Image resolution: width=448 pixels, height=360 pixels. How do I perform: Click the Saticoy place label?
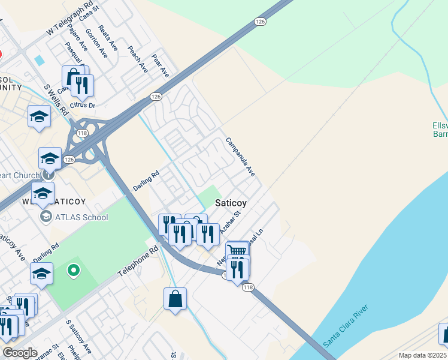pyautogui.click(x=231, y=203)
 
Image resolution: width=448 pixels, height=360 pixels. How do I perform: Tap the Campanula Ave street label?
pyautogui.click(x=240, y=157)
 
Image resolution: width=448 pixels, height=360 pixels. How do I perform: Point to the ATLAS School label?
pyautogui.click(x=81, y=217)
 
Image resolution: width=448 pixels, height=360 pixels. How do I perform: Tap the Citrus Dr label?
pyautogui.click(x=83, y=105)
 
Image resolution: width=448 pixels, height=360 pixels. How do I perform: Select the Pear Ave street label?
pyautogui.click(x=161, y=67)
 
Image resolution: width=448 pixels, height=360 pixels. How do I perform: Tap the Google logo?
pyautogui.click(x=20, y=353)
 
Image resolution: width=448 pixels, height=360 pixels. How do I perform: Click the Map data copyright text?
pyautogui.click(x=422, y=355)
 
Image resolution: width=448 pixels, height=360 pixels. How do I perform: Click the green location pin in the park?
pyautogui.click(x=74, y=271)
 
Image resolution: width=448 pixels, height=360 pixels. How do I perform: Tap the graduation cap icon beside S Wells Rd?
pyautogui.click(x=40, y=116)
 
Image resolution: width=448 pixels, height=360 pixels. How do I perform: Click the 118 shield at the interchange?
pyautogui.click(x=83, y=133)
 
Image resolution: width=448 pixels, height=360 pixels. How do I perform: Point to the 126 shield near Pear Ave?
pyautogui.click(x=156, y=97)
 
